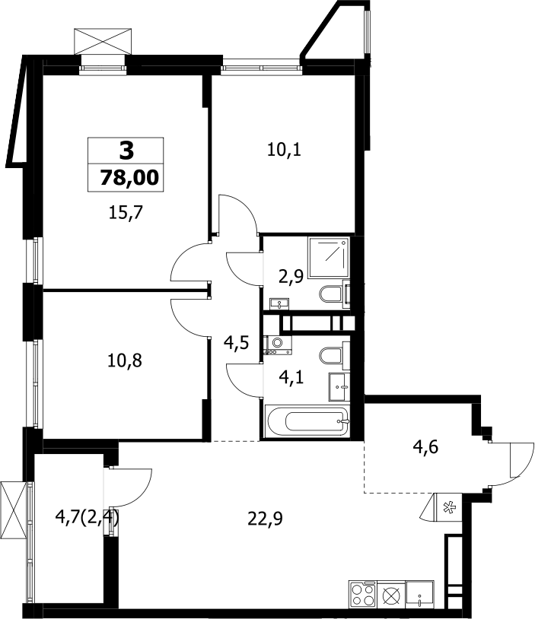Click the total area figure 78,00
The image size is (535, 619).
coord(129,178)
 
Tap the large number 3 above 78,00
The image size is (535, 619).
coord(126,151)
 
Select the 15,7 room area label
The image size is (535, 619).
coord(126,214)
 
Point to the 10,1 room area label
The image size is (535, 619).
coord(284,150)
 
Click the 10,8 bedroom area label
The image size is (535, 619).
coord(125,360)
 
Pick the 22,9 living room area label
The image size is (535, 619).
coord(265,519)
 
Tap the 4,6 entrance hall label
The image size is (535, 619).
coord(425,448)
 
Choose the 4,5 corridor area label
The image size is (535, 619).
coord(236,343)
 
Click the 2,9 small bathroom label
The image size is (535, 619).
coord(291,276)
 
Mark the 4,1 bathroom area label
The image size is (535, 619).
coord(291,378)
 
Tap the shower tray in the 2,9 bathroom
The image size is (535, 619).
coord(329,257)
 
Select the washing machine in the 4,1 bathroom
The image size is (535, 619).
coord(279,345)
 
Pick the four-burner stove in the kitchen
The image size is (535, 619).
coord(363,594)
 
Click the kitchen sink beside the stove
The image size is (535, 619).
coord(419,594)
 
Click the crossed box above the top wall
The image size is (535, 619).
coord(103,41)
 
